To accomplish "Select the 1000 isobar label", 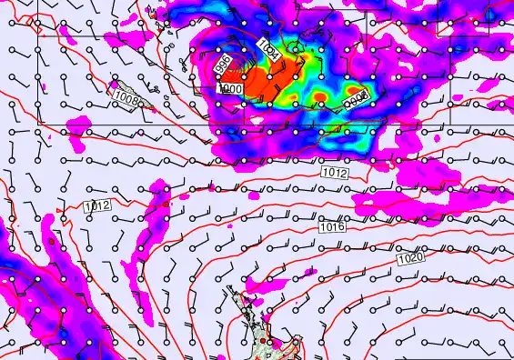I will point(230,89).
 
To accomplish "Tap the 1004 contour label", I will point(269,48).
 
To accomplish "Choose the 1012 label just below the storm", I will point(334,172).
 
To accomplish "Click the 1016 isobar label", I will point(332,226).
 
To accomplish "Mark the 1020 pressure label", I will point(409,259).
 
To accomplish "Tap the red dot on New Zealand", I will point(264,342).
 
